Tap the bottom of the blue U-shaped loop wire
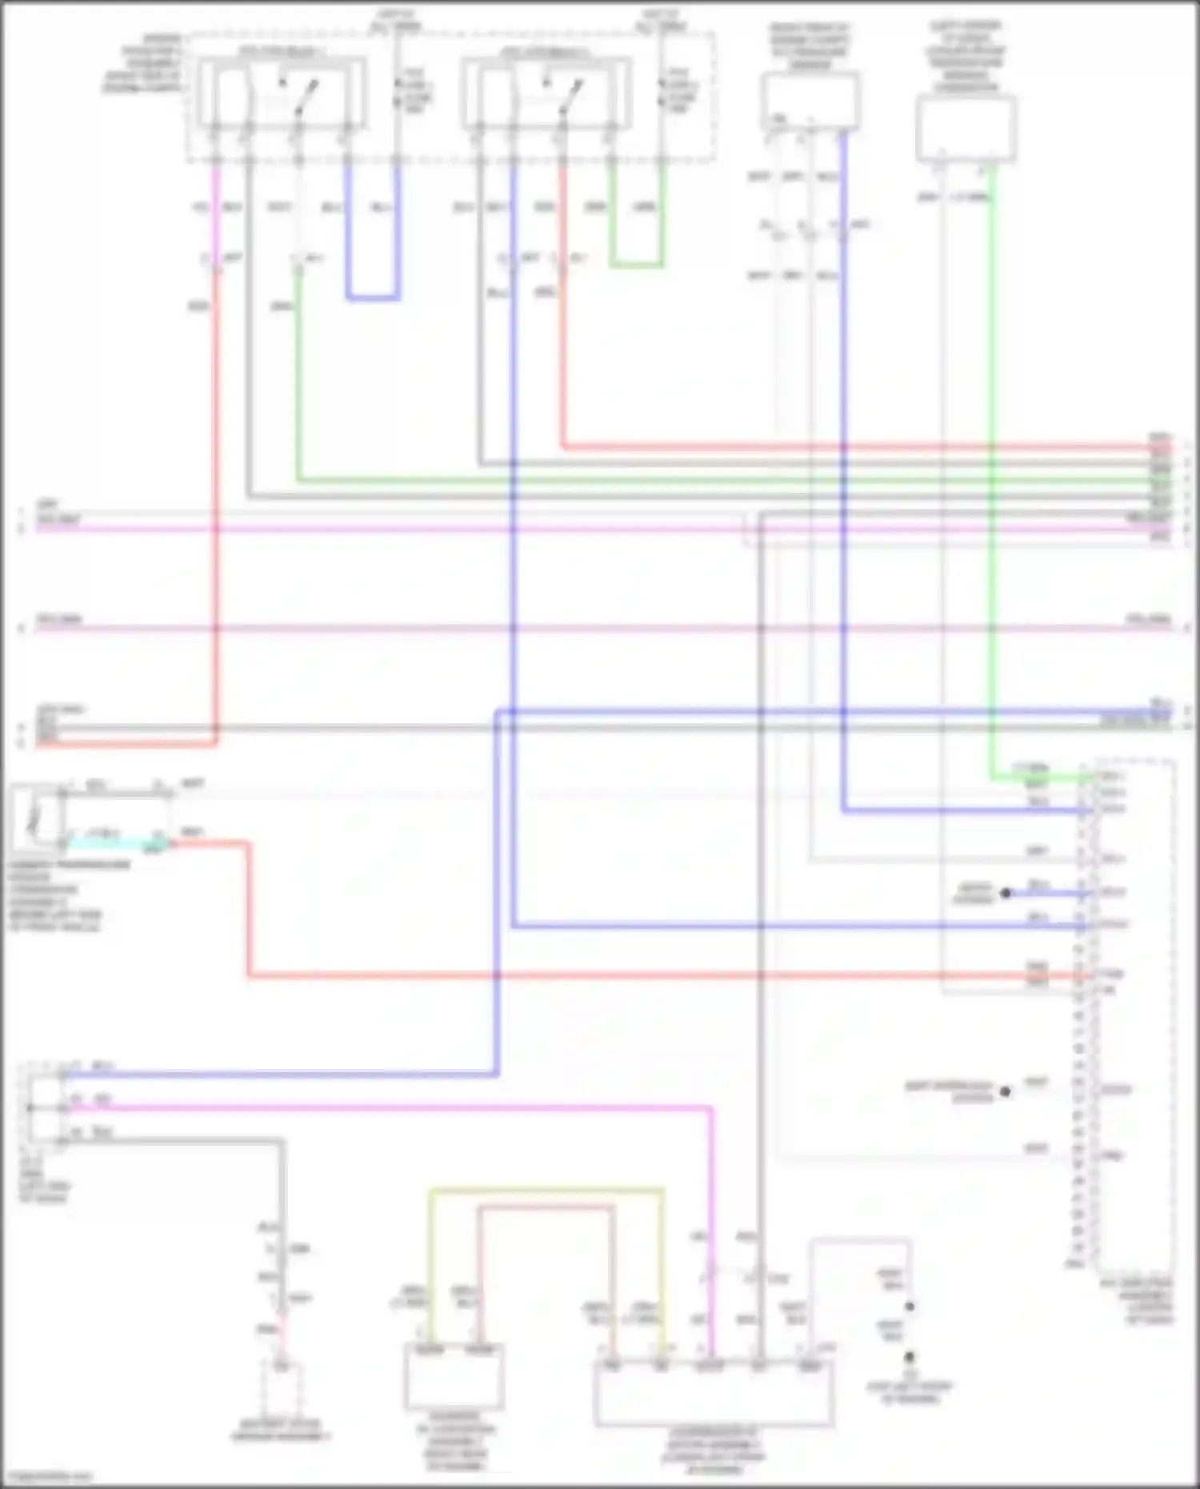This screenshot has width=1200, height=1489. click(x=373, y=298)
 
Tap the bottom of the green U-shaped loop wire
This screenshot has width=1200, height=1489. click(x=637, y=265)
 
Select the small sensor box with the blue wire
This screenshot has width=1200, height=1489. click(x=810, y=102)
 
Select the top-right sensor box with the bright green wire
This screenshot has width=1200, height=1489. click(x=966, y=128)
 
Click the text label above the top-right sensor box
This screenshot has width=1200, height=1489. click(x=966, y=56)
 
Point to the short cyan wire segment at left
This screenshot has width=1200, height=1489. click(x=112, y=843)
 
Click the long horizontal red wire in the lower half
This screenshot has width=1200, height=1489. click(x=640, y=976)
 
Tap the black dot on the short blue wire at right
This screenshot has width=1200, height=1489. click(x=1006, y=893)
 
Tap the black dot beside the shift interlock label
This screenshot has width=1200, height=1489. click(x=1006, y=1091)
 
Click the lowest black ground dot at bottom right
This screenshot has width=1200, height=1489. click(x=910, y=1358)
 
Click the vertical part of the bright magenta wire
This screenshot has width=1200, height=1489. click(x=710, y=1224)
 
